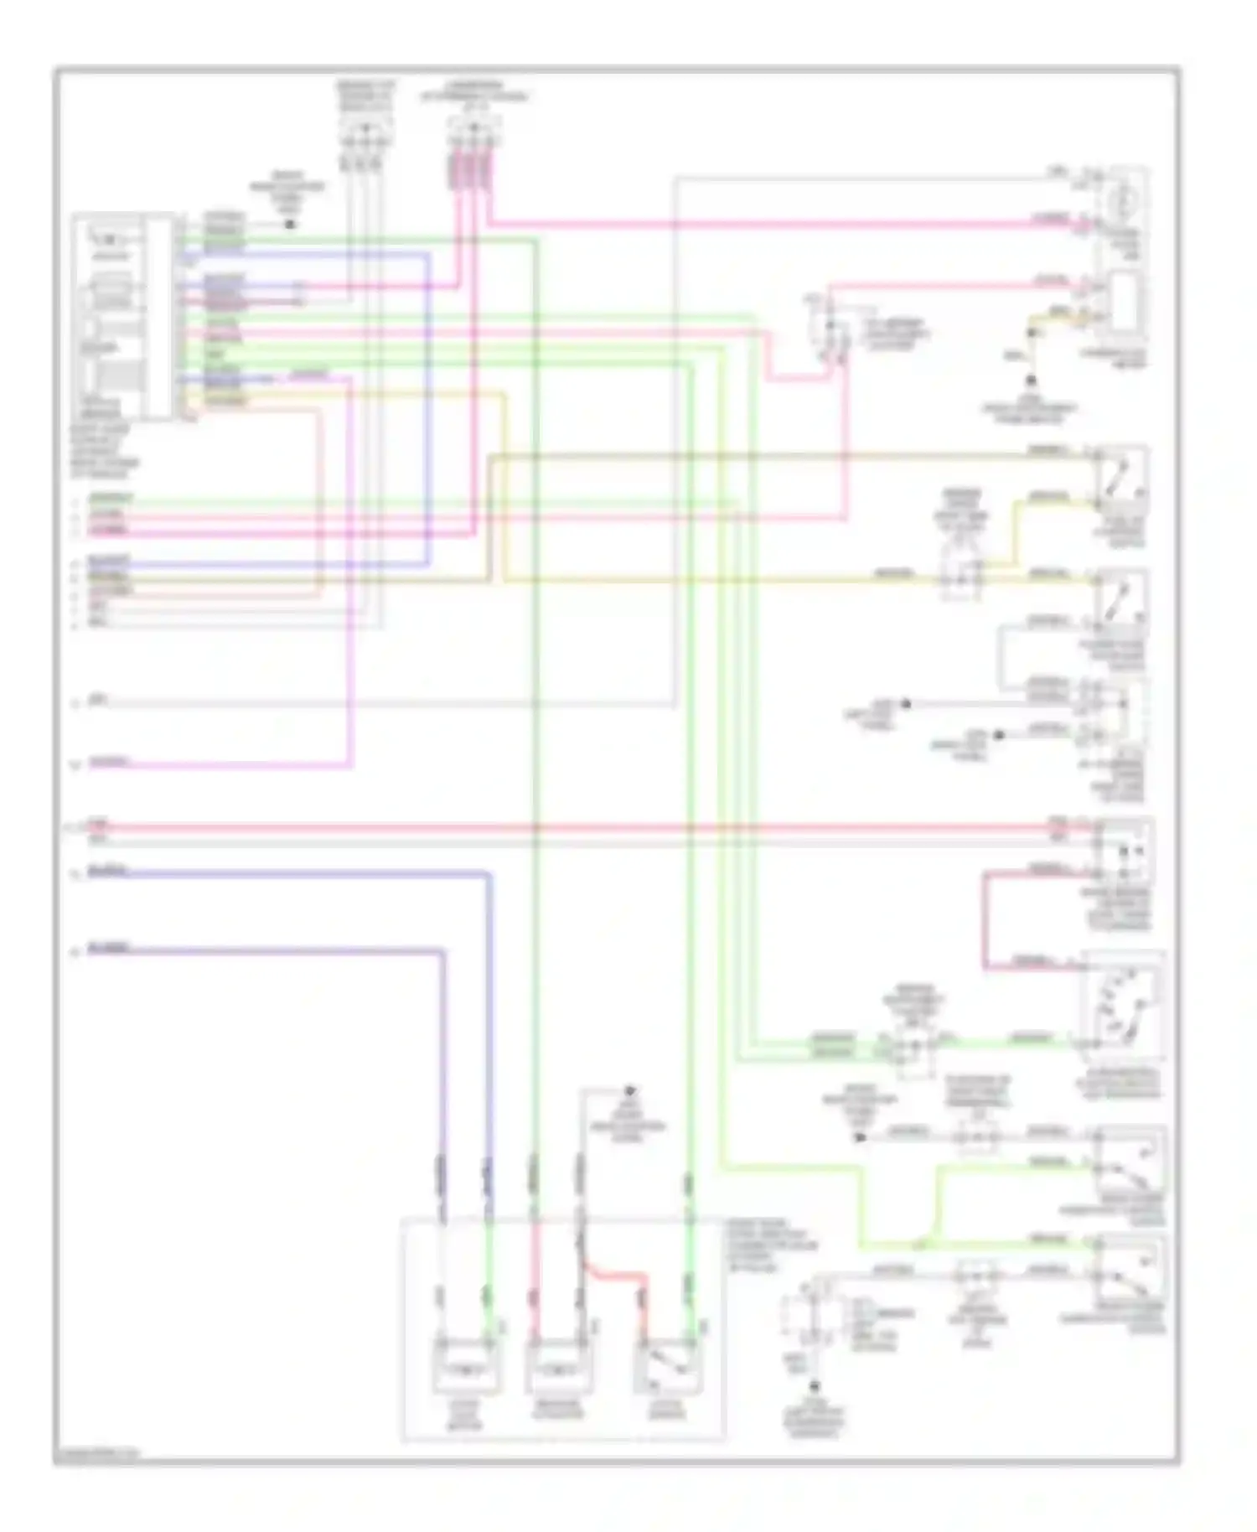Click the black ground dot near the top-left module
tap(290, 225)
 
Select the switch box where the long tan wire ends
tap(1120, 480)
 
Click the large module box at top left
tap(123, 317)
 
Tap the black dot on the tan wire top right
tap(1032, 333)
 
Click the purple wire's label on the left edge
tap(109, 949)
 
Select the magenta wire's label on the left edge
tap(109, 762)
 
